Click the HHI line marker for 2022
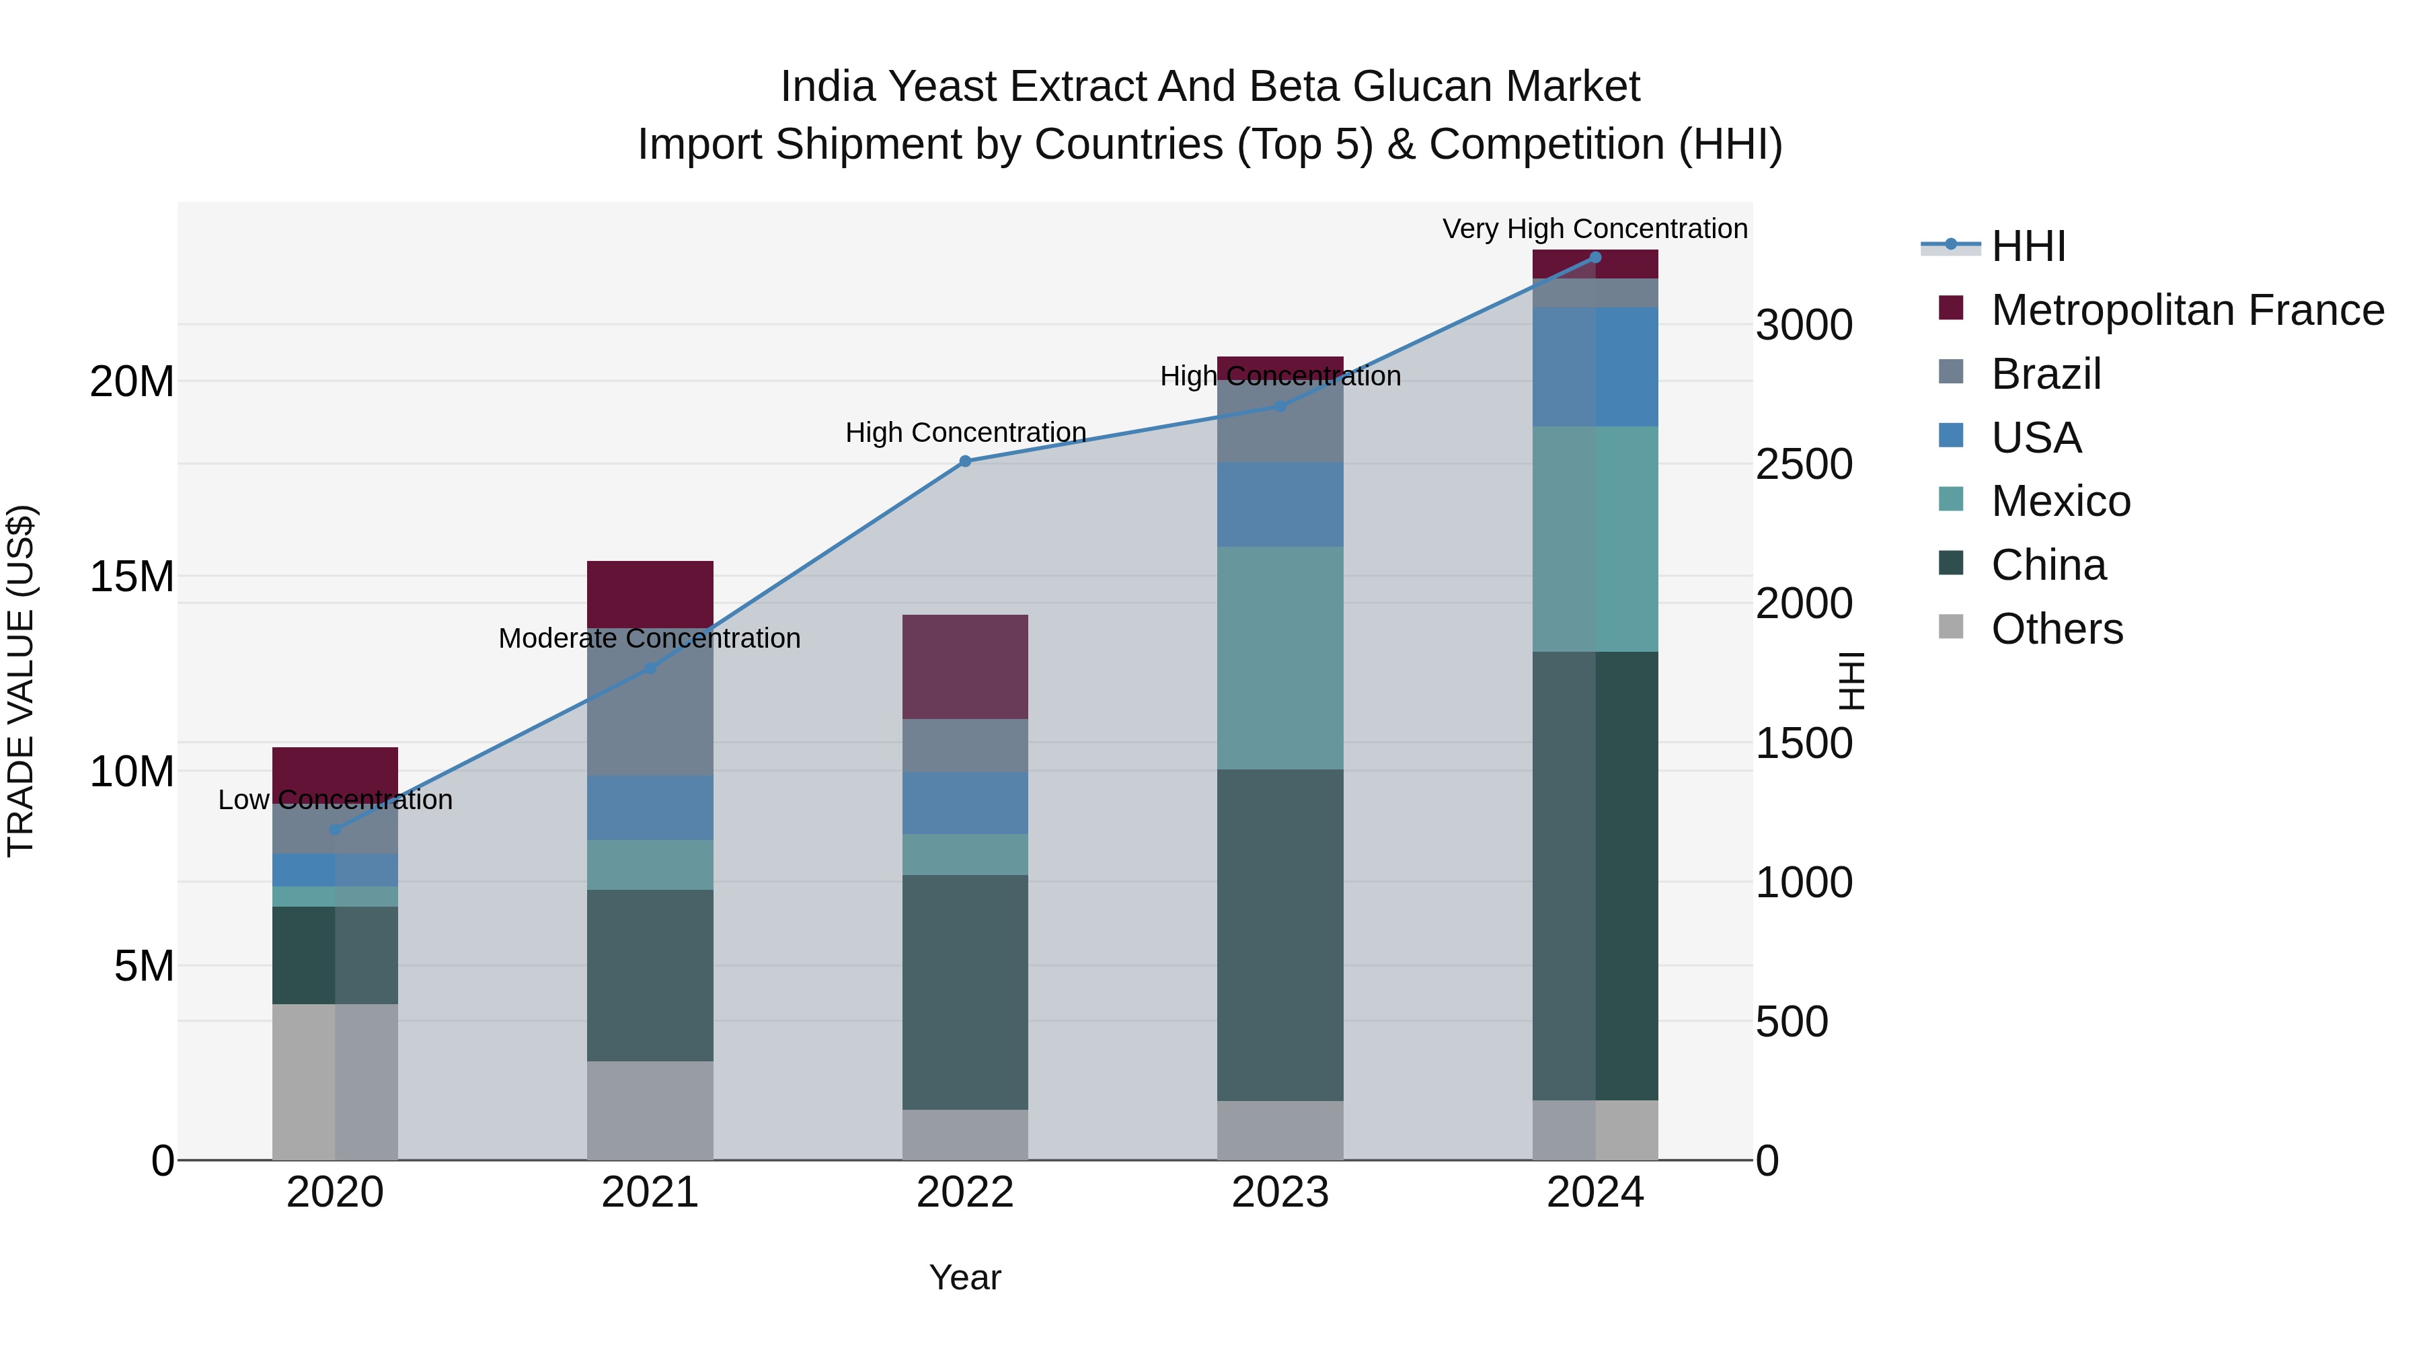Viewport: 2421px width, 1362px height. pyautogui.click(x=964, y=461)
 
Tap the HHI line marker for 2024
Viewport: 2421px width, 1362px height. pyautogui.click(x=1595, y=257)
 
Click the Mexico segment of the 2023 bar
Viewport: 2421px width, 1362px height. pyautogui.click(x=1279, y=658)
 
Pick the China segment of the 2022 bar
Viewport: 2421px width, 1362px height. pyautogui.click(x=964, y=991)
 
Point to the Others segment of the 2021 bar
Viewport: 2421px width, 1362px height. pyautogui.click(x=650, y=1110)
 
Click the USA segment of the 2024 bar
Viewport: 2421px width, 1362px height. pyautogui.click(x=1595, y=367)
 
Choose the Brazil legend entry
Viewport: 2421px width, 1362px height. pyautogui.click(x=2045, y=373)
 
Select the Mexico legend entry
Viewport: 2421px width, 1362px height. pyautogui.click(x=2060, y=501)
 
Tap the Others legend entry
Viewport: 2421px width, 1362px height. pyautogui.click(x=2057, y=629)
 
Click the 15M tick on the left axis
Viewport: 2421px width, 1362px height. pyautogui.click(x=132, y=576)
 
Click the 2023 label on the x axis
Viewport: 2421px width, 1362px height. pyautogui.click(x=1279, y=1193)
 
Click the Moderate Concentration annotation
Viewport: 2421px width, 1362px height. pyautogui.click(x=650, y=638)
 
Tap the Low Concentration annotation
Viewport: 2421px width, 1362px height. pyautogui.click(x=335, y=800)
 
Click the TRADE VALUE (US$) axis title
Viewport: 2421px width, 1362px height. pyautogui.click(x=21, y=681)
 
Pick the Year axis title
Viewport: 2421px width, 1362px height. pyautogui.click(x=964, y=1277)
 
